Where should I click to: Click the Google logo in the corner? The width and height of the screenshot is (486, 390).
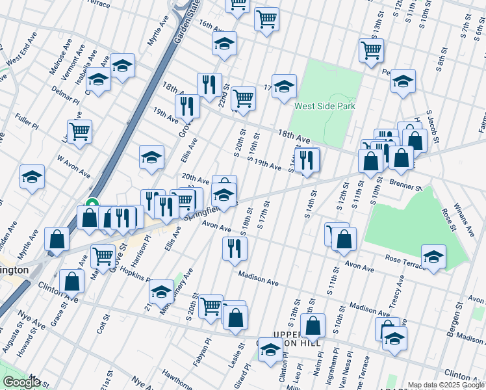pyautogui.click(x=21, y=382)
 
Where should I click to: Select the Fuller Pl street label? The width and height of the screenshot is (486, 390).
pyautogui.click(x=30, y=120)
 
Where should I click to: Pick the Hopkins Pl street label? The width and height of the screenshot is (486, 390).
pyautogui.click(x=135, y=276)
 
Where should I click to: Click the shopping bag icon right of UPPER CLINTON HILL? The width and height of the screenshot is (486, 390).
pyautogui.click(x=313, y=326)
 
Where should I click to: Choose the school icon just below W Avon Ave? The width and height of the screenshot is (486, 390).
pyautogui.click(x=32, y=176)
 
